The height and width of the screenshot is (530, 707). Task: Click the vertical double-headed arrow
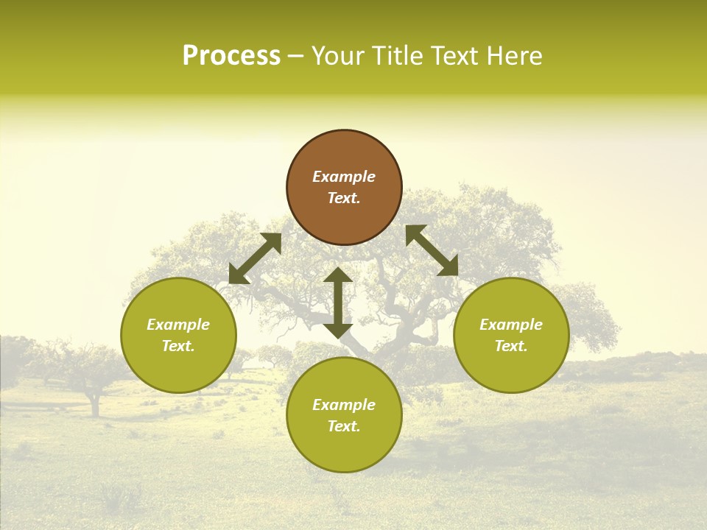(x=338, y=303)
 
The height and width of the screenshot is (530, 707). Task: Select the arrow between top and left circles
(x=255, y=258)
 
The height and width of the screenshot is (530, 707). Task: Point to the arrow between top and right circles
(x=432, y=250)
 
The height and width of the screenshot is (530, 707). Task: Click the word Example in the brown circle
(x=344, y=177)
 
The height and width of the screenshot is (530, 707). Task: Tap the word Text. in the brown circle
(x=344, y=198)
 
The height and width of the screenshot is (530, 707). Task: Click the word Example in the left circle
(x=178, y=325)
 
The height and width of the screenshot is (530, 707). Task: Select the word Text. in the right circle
(x=511, y=346)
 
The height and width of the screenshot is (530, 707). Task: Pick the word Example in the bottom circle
(x=344, y=405)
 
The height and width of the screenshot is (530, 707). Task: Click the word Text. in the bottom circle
(x=344, y=426)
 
